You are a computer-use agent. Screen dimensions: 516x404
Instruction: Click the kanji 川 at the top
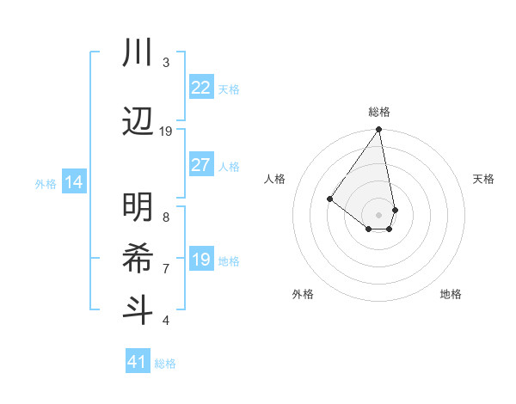(x=138, y=52)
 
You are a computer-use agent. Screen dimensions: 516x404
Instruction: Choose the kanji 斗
(x=138, y=309)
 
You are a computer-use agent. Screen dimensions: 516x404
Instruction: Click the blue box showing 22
(x=200, y=88)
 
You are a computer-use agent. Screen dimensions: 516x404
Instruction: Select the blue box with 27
(x=200, y=166)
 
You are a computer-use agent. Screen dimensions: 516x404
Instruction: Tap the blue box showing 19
(x=200, y=260)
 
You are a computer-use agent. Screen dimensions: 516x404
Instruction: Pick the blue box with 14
(x=74, y=183)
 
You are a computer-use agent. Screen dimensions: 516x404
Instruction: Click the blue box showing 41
(x=137, y=362)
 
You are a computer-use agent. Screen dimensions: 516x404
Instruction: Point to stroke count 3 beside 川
(x=166, y=63)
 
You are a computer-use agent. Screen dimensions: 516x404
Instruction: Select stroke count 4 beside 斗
(x=166, y=321)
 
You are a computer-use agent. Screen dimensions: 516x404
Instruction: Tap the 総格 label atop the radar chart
(x=379, y=112)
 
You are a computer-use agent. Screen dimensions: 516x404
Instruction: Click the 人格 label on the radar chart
(x=275, y=179)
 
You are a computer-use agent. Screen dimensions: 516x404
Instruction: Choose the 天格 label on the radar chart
(x=483, y=179)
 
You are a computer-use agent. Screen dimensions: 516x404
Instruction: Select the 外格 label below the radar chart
(x=303, y=294)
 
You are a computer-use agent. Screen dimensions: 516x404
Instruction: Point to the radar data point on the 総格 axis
(x=379, y=131)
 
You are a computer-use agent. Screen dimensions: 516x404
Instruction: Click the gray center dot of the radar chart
(x=379, y=214)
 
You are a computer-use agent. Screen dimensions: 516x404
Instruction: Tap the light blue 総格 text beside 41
(x=165, y=364)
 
